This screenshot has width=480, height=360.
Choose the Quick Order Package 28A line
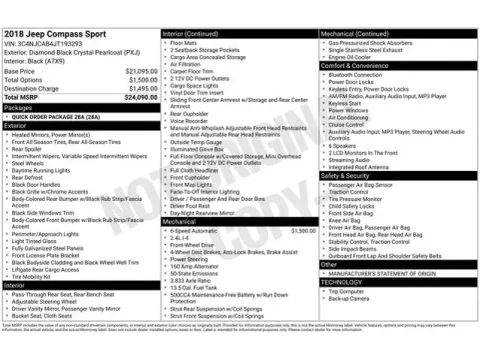coord(60,116)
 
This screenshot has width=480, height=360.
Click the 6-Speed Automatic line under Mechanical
coord(196,231)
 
